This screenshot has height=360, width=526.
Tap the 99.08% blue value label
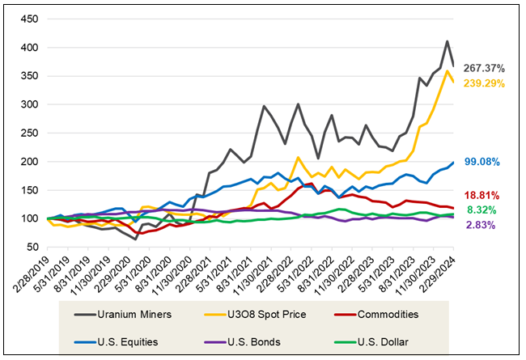click(484, 162)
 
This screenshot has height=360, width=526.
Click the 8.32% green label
click(484, 209)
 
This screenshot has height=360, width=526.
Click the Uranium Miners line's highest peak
click(448, 41)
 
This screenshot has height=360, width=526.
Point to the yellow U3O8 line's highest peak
click(448, 71)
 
